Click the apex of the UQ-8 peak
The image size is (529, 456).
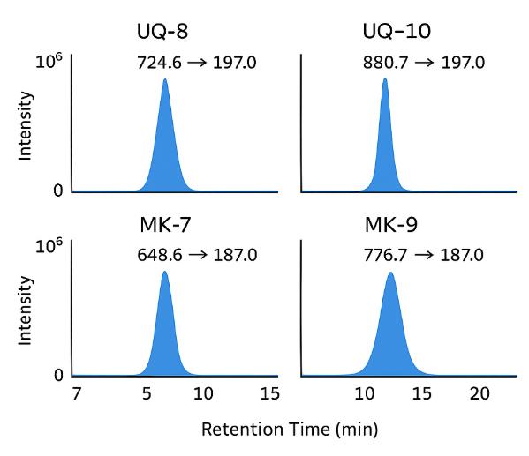(x=165, y=79)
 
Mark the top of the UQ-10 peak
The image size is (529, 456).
(x=385, y=78)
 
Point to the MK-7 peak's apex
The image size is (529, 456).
(x=165, y=272)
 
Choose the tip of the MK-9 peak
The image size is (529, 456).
(x=390, y=273)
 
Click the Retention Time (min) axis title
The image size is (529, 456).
(x=290, y=430)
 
